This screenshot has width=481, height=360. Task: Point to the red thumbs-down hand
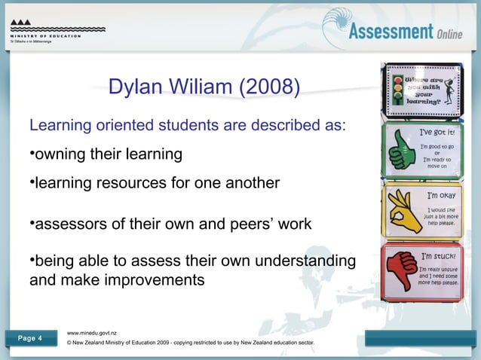400,269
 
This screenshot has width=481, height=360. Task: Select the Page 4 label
29,337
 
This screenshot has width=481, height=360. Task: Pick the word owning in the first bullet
62,154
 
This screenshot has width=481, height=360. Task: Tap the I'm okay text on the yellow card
438,194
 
